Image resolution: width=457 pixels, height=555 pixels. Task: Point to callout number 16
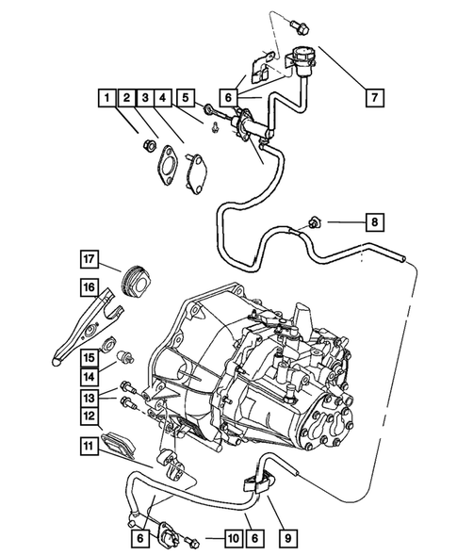point(89,287)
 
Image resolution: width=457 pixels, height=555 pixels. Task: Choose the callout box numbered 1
point(108,97)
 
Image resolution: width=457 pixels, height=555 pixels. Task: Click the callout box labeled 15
point(89,357)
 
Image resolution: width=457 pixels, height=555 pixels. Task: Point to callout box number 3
point(148,97)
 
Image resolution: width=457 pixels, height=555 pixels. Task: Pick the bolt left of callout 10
point(196,540)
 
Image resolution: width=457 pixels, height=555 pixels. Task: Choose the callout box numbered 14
point(89,377)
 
